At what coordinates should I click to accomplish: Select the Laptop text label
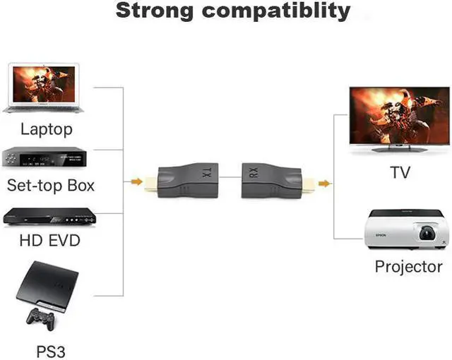point(47,129)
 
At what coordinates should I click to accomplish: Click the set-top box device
point(47,157)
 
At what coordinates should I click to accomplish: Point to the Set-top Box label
point(50,186)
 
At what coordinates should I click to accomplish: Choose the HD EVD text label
point(50,241)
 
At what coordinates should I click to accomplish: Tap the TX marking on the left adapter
point(208,172)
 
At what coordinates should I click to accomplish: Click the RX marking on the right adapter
point(252,172)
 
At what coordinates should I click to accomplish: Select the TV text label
point(400,172)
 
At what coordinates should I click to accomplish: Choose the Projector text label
point(409,267)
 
